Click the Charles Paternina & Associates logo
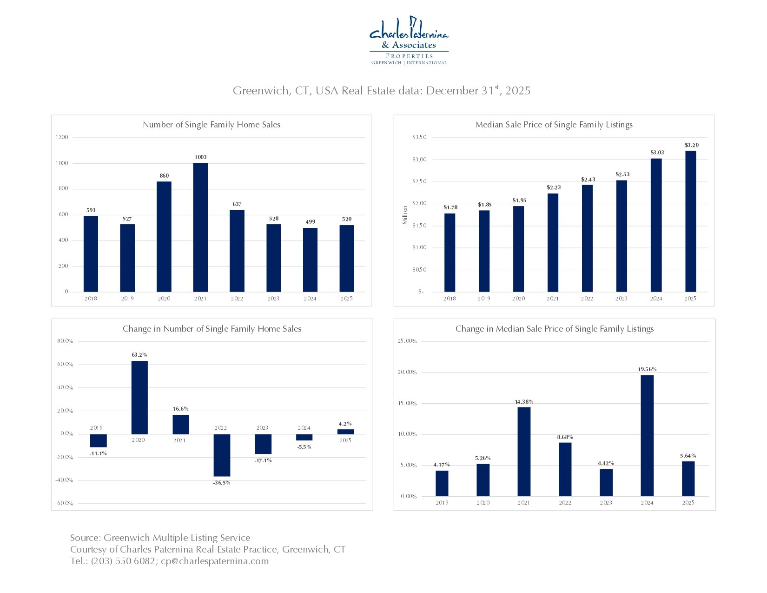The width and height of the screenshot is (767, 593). pyautogui.click(x=409, y=41)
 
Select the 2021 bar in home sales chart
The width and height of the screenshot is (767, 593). pyautogui.click(x=200, y=227)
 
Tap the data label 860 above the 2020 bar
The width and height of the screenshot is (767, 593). pyautogui.click(x=164, y=176)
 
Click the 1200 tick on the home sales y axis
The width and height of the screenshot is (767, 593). pyautogui.click(x=62, y=137)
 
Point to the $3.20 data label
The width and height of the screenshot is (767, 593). pyautogui.click(x=691, y=145)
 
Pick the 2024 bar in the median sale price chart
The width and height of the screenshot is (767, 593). pyautogui.click(x=656, y=225)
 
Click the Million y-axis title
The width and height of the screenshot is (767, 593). pyautogui.click(x=405, y=215)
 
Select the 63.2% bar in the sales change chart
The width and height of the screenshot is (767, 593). pyautogui.click(x=139, y=397)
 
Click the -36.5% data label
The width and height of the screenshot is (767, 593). pyautogui.click(x=222, y=483)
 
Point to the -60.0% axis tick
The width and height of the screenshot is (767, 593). pyautogui.click(x=65, y=503)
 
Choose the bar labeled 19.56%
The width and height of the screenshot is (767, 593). pyautogui.click(x=647, y=435)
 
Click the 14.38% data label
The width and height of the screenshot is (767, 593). pyautogui.click(x=524, y=402)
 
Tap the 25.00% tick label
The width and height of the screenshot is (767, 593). pyautogui.click(x=407, y=341)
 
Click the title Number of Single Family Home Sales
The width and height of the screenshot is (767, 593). pyautogui.click(x=212, y=125)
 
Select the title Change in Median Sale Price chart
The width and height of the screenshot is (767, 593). pyautogui.click(x=555, y=329)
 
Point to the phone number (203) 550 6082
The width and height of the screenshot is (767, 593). pyautogui.click(x=123, y=561)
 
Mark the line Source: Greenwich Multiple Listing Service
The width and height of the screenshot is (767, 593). pyautogui.click(x=160, y=538)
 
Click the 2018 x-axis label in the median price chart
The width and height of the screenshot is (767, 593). pyautogui.click(x=450, y=299)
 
